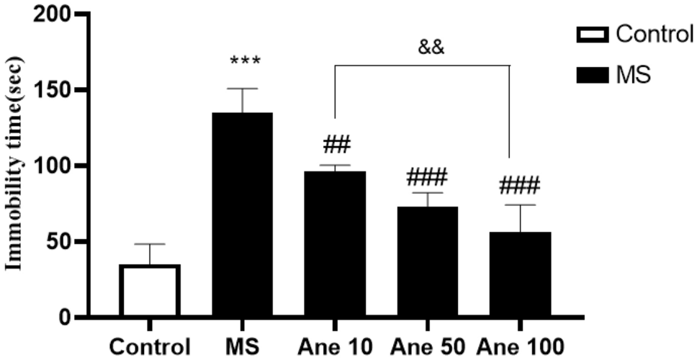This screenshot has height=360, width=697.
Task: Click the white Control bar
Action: (150, 290)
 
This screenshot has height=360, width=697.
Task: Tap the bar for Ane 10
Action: (335, 244)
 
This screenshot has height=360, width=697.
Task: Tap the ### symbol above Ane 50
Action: (427, 176)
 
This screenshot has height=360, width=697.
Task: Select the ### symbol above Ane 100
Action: (519, 185)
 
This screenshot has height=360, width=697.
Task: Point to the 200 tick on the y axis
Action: (47, 15)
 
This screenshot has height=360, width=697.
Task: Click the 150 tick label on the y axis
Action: (47, 91)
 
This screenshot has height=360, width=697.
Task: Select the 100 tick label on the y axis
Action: (47, 166)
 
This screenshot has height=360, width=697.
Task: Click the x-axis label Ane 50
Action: (428, 346)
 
